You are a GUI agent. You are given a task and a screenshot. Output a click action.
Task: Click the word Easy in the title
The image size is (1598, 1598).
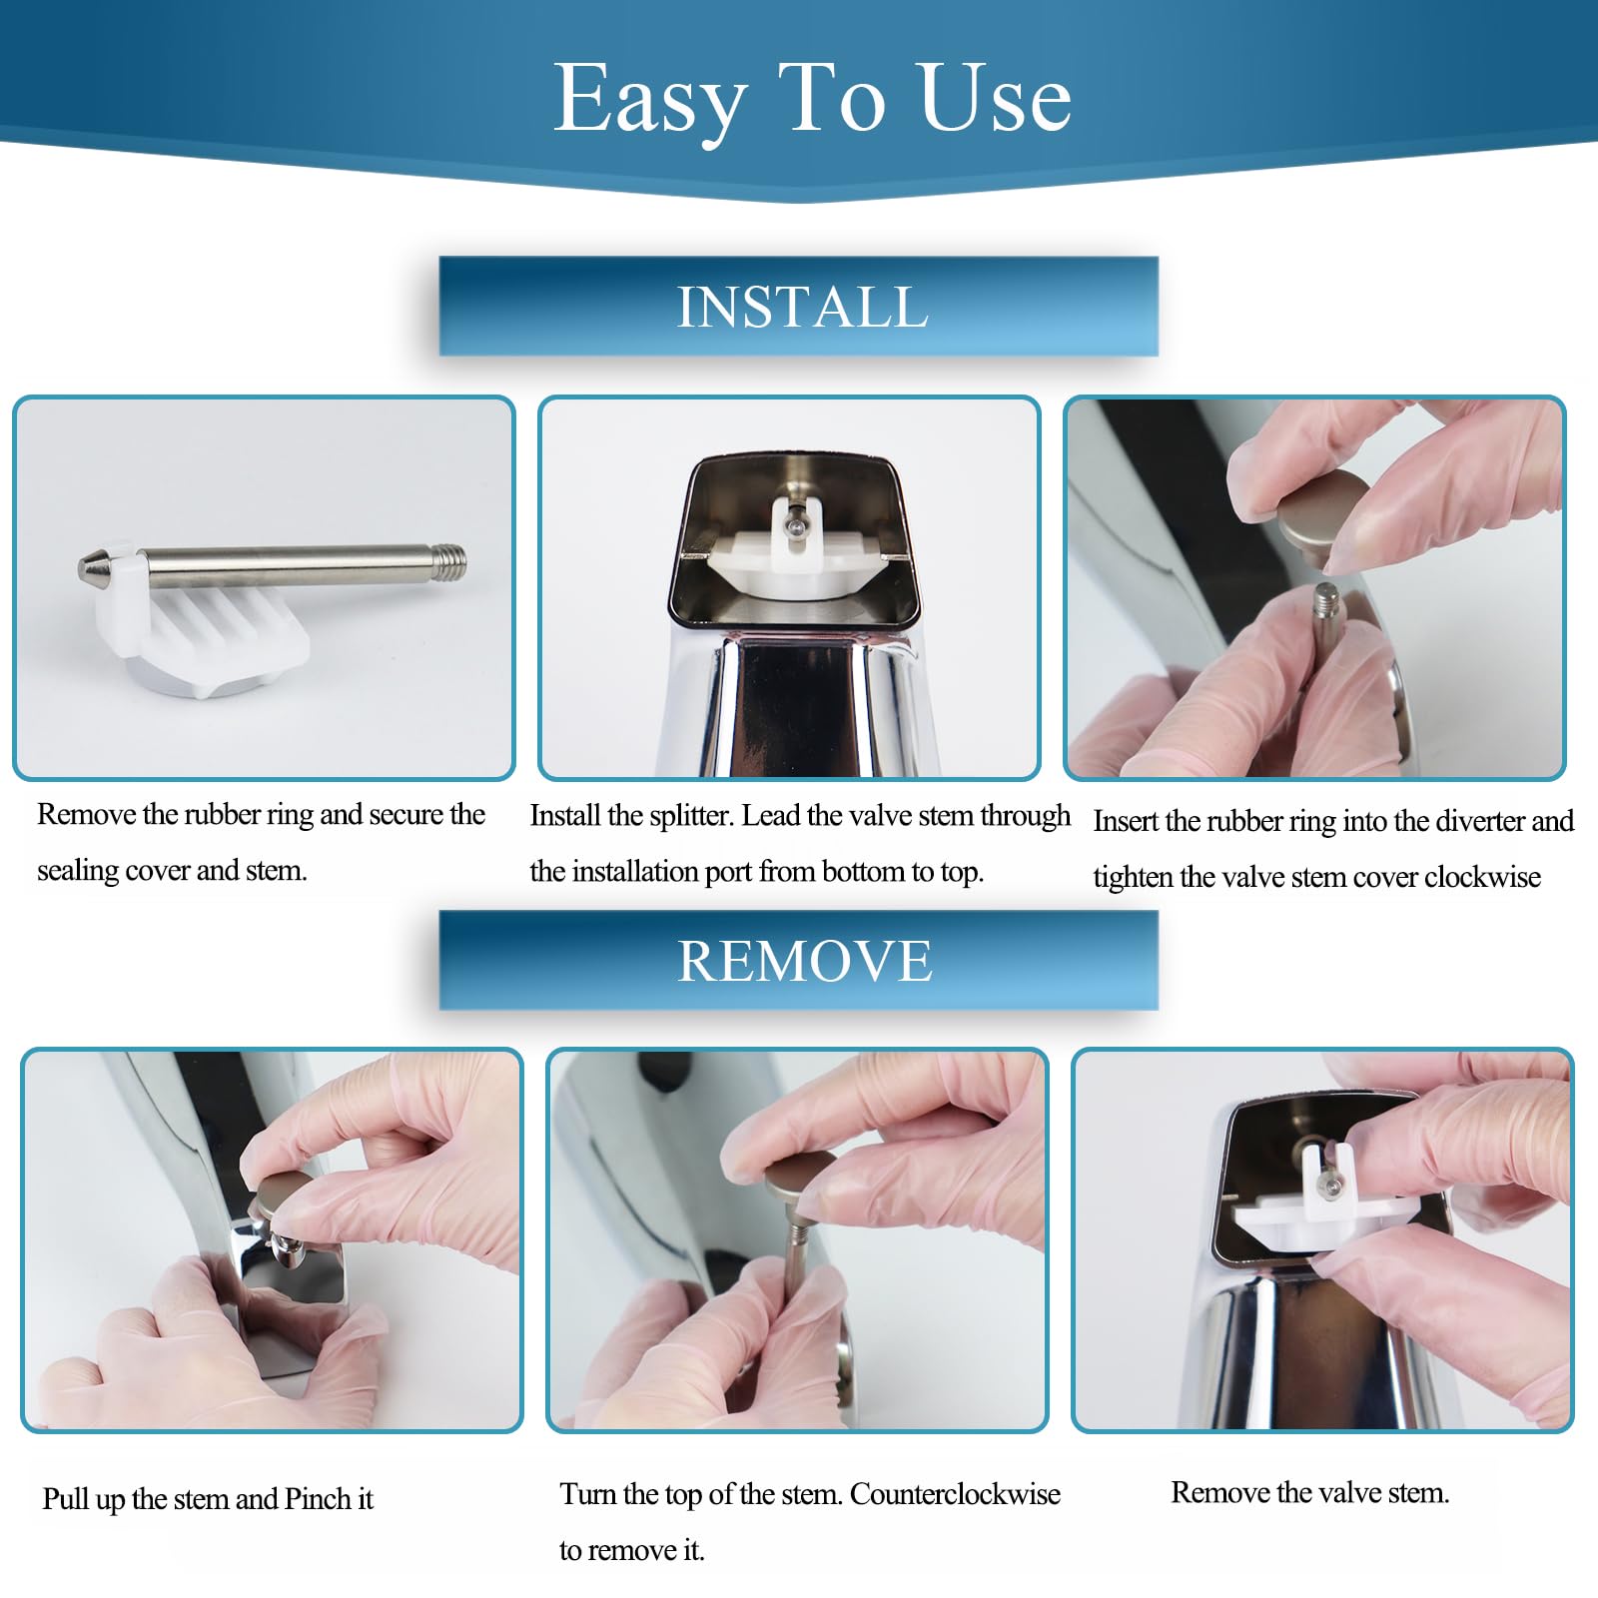650,101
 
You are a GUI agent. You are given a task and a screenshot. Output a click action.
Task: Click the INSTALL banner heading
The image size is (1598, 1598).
803,306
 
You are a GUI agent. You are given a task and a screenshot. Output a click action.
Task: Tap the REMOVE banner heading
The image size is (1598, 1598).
805,961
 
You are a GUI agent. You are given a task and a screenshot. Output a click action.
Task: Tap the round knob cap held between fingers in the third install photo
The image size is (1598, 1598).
1324,510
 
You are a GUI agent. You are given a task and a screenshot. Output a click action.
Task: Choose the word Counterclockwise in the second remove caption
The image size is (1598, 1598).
955,1494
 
